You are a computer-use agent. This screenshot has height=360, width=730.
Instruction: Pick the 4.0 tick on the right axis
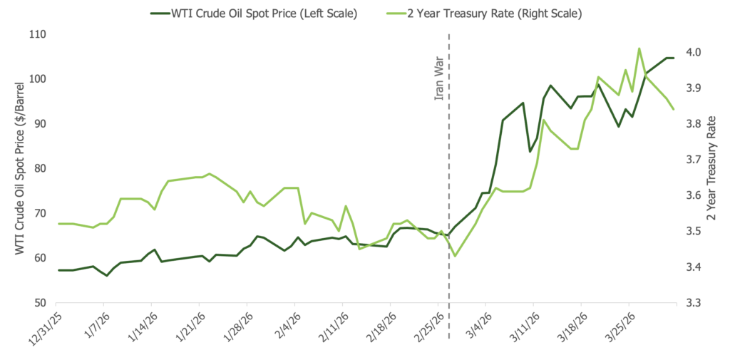(692, 52)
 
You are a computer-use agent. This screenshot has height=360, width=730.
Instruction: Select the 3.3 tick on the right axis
(692, 303)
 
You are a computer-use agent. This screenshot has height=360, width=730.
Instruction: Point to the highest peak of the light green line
(639, 48)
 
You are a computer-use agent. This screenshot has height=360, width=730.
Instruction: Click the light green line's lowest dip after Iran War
(455, 256)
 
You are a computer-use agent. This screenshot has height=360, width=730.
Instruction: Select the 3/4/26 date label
(476, 328)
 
